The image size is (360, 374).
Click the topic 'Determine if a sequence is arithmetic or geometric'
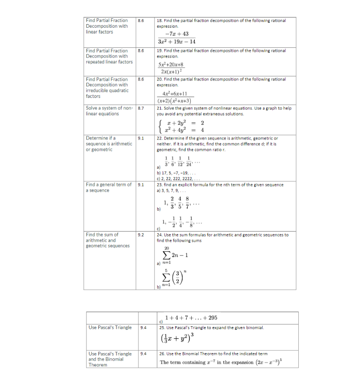click(109, 144)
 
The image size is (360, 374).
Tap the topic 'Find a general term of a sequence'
click(109, 187)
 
